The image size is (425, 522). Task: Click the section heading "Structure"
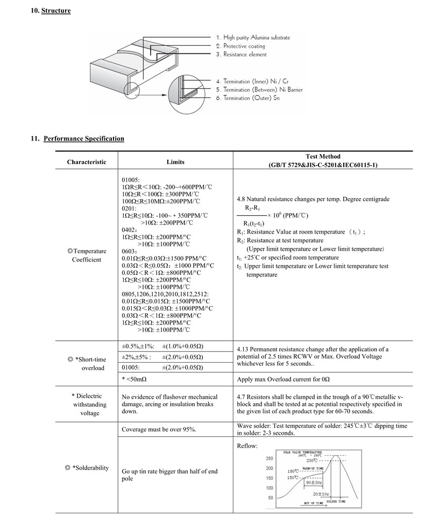(x=56, y=11)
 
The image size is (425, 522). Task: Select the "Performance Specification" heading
(x=84, y=139)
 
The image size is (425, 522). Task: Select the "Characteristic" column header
(x=87, y=162)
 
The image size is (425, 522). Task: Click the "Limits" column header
(x=175, y=162)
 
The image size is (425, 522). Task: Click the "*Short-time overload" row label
(x=90, y=364)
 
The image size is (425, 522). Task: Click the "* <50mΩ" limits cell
(x=134, y=379)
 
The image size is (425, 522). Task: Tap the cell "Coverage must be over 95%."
(x=159, y=429)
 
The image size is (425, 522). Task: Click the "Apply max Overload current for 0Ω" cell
(x=283, y=379)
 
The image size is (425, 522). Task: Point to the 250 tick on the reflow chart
(x=270, y=458)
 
